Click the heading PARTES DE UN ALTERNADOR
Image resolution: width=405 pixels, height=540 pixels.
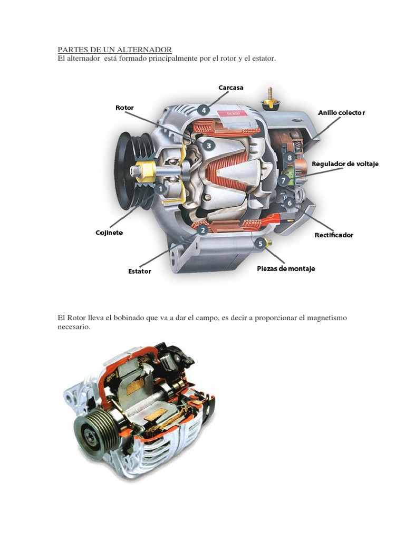pos(114,50)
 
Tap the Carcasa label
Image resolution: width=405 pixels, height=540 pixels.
pos(231,88)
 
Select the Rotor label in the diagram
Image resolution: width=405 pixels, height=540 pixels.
pos(124,108)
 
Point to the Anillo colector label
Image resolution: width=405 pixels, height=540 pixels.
pos(341,113)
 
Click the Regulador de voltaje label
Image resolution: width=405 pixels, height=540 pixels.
pos(345,164)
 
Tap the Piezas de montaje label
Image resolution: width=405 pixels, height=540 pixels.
pos(285,269)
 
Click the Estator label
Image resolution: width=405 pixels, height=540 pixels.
pos(140,271)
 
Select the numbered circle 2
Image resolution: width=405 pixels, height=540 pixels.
pos(201,229)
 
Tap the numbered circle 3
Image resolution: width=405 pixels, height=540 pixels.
pos(208,146)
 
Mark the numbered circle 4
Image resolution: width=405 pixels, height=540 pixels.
pos(204,110)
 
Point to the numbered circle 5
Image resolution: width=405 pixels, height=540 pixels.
pos(261,243)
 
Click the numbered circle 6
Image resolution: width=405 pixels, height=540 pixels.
pos(288,202)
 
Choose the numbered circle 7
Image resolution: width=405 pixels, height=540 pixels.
pos(284,180)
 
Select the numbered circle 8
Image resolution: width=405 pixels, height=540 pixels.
pos(290,157)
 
